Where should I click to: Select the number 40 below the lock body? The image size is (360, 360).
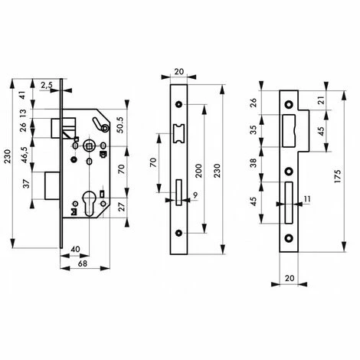tap(76, 250)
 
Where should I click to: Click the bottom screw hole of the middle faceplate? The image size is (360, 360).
tap(178, 233)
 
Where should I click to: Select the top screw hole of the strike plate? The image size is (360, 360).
tap(290, 102)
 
